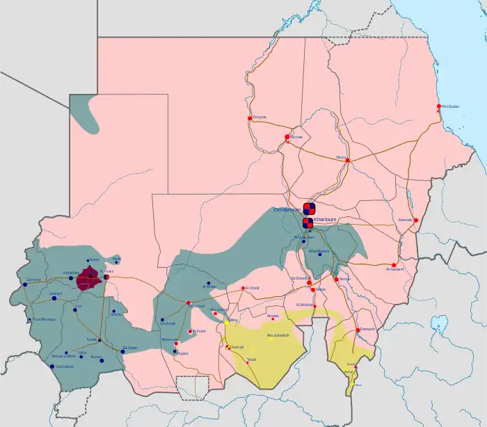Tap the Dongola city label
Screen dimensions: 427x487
(x=260, y=116)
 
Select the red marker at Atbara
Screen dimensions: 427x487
(x=347, y=161)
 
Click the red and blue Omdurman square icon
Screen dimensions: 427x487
(x=310, y=208)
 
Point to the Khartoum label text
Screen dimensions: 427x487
(x=325, y=219)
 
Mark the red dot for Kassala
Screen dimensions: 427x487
(x=415, y=220)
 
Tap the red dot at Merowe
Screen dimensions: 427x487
(x=287, y=137)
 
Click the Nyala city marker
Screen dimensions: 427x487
(x=99, y=340)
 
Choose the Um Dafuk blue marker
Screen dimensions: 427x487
(x=53, y=366)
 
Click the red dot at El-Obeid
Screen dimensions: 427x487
(x=243, y=288)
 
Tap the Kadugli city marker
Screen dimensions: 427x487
(x=227, y=346)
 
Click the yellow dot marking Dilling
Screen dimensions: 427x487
(x=227, y=323)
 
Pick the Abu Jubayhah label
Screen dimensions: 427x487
(x=278, y=337)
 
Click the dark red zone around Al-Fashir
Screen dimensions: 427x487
(x=88, y=278)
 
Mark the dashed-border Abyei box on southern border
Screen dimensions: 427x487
(x=192, y=387)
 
